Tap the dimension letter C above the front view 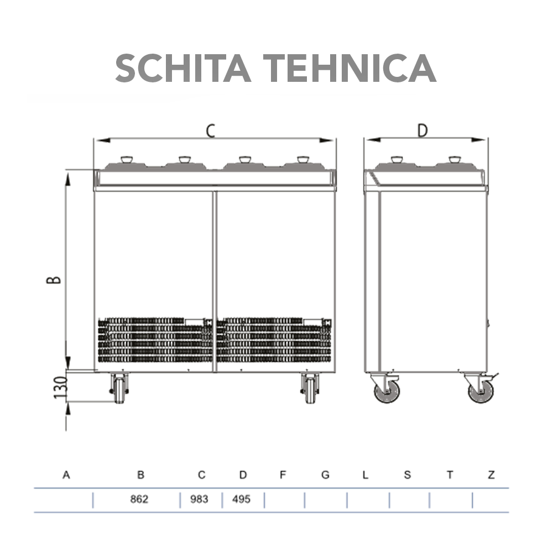[x=211, y=131]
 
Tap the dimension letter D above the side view [x=422, y=131]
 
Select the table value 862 [x=139, y=499]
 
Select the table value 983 [x=199, y=499]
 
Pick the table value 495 [x=241, y=499]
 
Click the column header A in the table [x=67, y=474]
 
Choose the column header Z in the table [x=491, y=474]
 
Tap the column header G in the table [x=325, y=474]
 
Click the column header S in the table [x=408, y=474]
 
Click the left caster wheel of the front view [x=119, y=388]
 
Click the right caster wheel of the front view [x=310, y=388]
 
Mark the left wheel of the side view [x=387, y=390]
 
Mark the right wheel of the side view [x=480, y=390]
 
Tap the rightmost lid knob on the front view [x=303, y=160]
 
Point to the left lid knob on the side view [x=396, y=160]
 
